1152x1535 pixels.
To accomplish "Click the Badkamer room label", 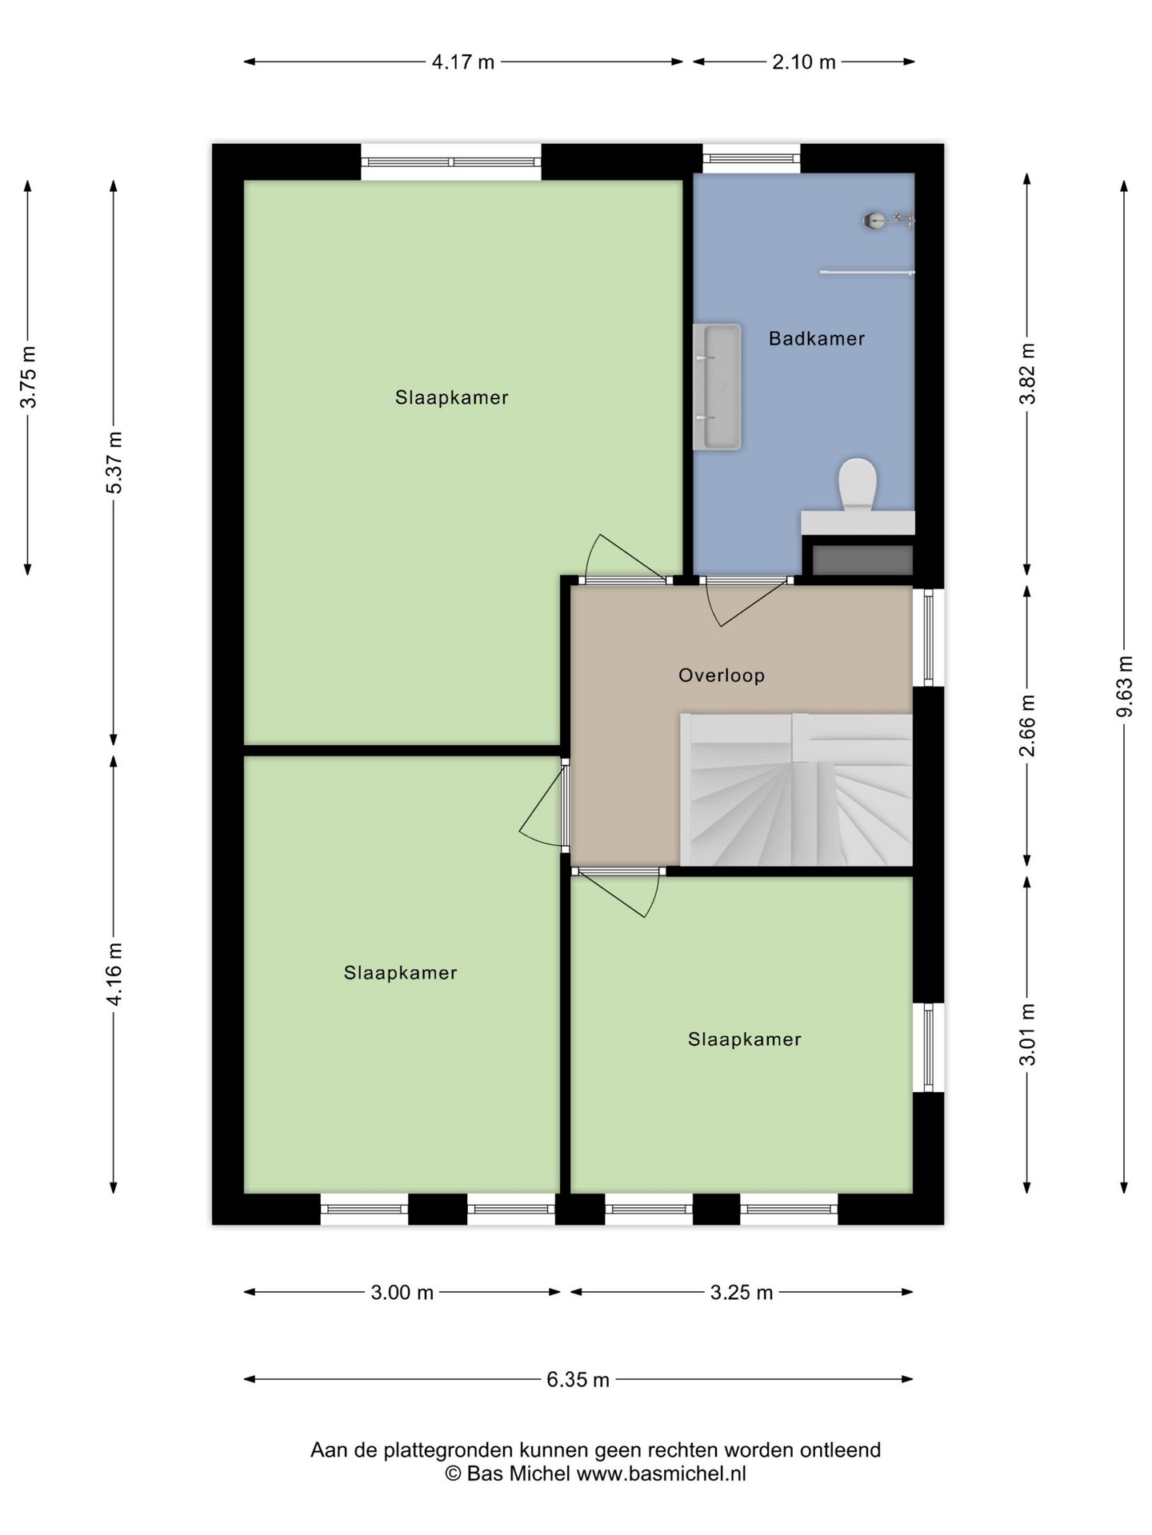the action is [x=816, y=338].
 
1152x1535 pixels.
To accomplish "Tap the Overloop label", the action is [x=721, y=676].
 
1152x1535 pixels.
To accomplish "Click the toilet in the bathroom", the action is [x=857, y=484].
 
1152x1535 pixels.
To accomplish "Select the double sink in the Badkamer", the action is [x=717, y=387].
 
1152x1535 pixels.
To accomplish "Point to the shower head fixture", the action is [x=888, y=220].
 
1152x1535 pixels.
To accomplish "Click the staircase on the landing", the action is [x=796, y=790].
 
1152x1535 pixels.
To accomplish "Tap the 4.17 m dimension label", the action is [x=463, y=62].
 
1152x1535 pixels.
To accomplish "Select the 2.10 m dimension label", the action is [x=803, y=62].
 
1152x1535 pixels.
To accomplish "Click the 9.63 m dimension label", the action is [x=1124, y=686].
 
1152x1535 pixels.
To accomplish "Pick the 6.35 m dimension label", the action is [x=578, y=1379].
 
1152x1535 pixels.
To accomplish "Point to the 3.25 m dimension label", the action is [x=742, y=1292].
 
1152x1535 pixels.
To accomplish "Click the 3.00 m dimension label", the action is [x=402, y=1292].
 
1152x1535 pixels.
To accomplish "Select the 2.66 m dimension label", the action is [x=1027, y=725].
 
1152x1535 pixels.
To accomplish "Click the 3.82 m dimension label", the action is [x=1027, y=373].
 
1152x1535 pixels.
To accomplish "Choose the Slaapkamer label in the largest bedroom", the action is [x=451, y=397].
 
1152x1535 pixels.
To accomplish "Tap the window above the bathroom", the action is [x=751, y=158].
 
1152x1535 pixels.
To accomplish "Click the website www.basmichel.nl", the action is [x=661, y=1473].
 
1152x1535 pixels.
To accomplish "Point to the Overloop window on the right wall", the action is [x=928, y=637].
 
